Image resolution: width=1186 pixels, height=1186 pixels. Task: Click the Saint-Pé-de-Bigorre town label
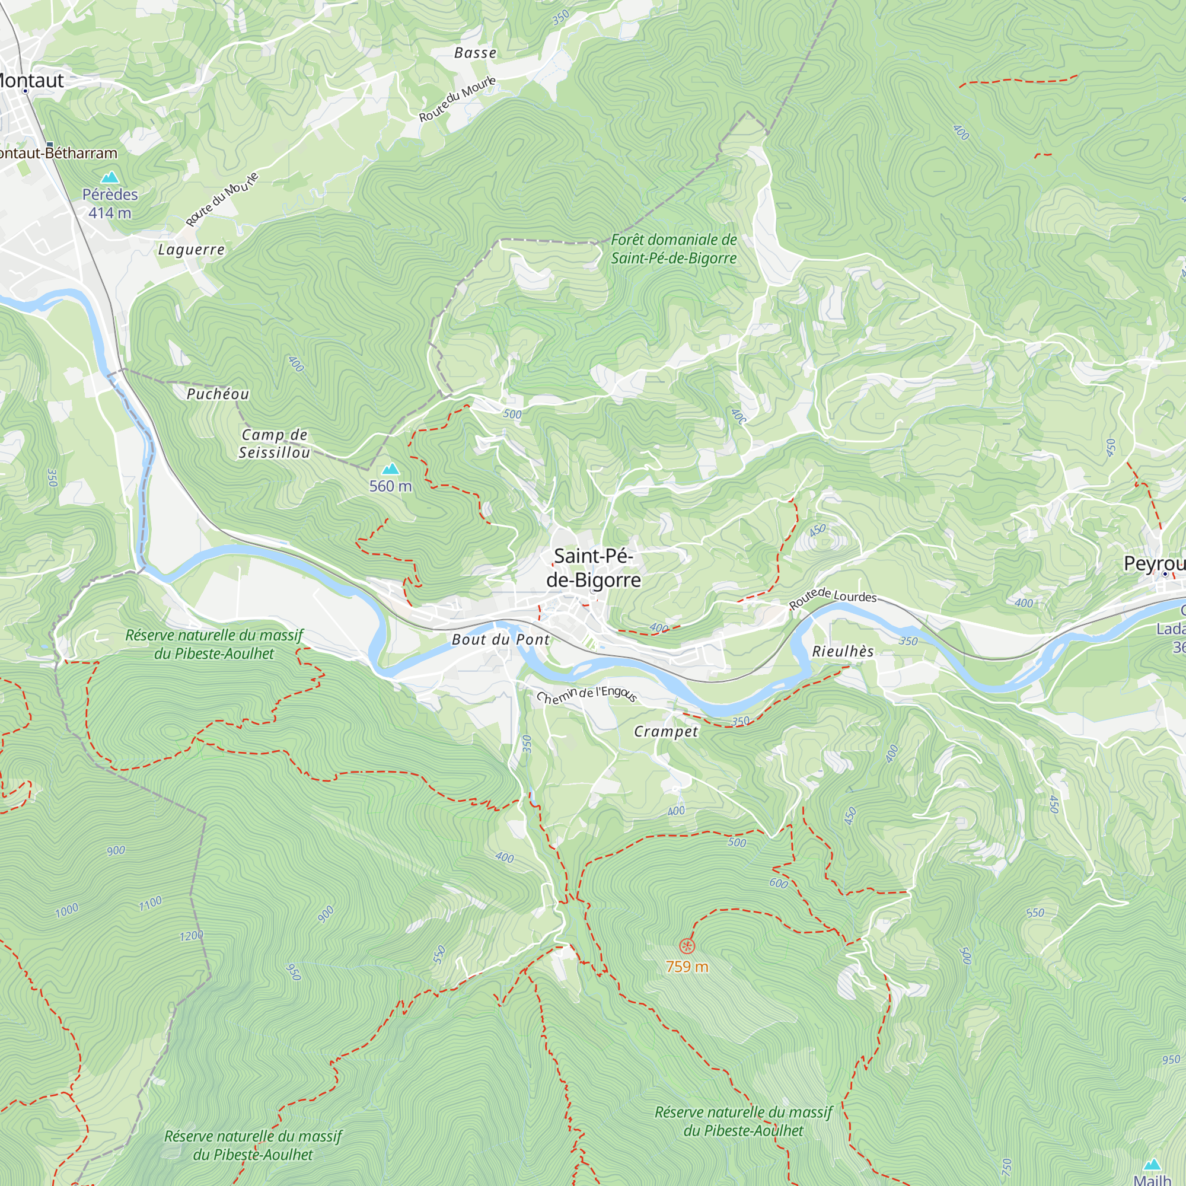pos(593,568)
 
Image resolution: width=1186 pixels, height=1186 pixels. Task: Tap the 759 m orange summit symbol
pos(687,945)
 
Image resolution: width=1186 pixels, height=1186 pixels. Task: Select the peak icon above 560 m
pos(390,470)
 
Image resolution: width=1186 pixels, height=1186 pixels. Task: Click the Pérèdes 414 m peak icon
pos(110,177)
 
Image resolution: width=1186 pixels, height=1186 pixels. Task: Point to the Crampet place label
pos(665,731)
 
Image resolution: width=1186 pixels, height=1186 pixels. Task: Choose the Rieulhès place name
pos(842,651)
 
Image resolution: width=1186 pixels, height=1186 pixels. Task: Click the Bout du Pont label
pos(500,640)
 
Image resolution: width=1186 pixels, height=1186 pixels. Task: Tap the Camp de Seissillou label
pos(275,443)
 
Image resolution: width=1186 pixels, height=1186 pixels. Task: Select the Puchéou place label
pos(218,394)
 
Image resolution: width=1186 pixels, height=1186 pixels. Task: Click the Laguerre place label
pos(192,250)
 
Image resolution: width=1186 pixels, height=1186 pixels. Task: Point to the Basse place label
pos(475,53)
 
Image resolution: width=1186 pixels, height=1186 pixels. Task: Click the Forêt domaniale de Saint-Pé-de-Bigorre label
pos(674,248)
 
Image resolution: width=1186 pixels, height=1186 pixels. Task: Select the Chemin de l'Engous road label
pos(586,695)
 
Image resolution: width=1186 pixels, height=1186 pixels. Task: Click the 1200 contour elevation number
pos(191,936)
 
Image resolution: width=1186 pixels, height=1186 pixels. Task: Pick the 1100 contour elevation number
pos(151,903)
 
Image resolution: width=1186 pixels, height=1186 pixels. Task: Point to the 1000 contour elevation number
pos(67,909)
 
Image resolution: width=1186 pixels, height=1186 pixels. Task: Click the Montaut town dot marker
pos(25,91)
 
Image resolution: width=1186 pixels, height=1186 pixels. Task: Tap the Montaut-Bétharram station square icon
pos(50,145)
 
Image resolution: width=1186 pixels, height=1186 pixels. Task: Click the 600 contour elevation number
pos(778,883)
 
